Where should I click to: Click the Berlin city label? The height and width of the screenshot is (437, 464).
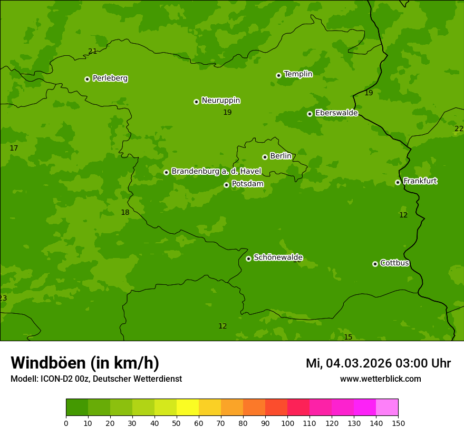point(281,156)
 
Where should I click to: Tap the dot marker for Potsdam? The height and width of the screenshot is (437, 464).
point(226,185)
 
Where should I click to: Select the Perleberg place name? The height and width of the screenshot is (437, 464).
point(110,78)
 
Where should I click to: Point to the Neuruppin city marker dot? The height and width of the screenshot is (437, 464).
point(196,102)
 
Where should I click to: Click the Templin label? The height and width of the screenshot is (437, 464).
point(298,74)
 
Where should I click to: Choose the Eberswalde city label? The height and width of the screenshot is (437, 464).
point(336,113)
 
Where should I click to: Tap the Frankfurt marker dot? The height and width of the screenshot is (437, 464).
point(398,182)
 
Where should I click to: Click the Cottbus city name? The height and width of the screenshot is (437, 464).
point(394,263)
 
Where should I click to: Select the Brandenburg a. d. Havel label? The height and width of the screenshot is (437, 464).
point(216,172)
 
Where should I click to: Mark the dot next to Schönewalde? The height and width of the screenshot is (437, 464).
point(248,259)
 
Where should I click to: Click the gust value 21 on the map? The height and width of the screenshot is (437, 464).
point(93,52)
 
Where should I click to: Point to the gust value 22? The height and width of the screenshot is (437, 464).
point(459,129)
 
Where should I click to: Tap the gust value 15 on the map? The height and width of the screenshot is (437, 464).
point(348,337)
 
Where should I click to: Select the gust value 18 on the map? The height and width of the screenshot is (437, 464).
point(125,213)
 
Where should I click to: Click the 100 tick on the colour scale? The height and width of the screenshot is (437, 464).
point(287,423)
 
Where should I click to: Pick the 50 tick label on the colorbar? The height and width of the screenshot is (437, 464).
point(177,423)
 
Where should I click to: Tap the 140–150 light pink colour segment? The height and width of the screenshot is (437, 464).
point(387,408)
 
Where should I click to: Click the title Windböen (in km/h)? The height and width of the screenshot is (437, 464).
point(85,363)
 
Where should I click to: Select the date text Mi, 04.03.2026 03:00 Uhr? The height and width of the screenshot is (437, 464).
point(378,363)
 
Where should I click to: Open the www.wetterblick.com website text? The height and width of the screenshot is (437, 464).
point(380,379)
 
